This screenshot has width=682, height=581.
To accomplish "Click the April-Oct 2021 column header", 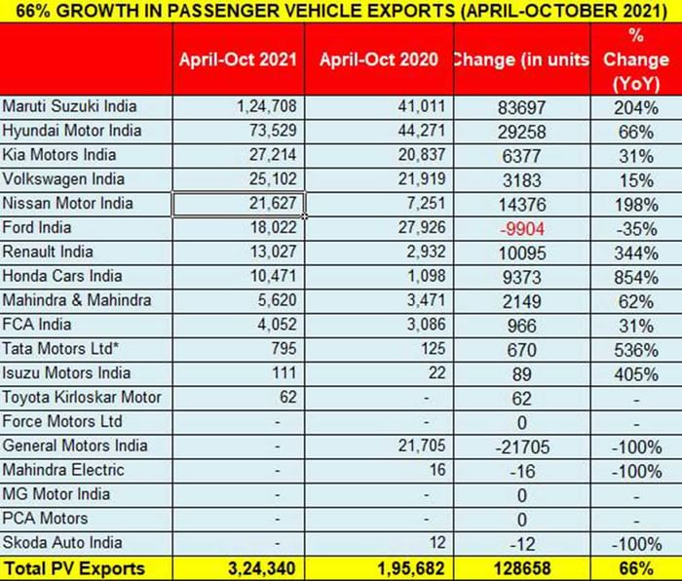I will [239, 59].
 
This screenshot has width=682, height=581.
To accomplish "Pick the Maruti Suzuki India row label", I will [70, 106].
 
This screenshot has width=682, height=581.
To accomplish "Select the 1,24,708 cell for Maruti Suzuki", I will [265, 106].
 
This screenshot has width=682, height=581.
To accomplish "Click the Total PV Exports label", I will [75, 568].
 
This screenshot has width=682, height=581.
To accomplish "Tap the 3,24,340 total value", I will [260, 568].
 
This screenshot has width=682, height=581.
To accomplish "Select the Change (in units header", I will [521, 59].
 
